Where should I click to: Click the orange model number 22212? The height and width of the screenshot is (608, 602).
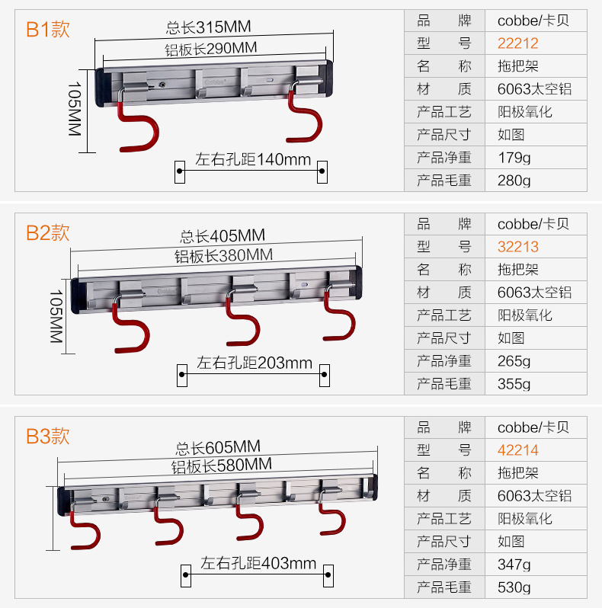[517, 43]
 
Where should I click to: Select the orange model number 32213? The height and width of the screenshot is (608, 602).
[517, 247]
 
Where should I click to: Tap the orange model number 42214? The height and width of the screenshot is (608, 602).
[517, 450]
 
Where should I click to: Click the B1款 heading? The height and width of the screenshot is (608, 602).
[48, 30]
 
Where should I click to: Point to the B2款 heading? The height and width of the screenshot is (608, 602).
[48, 232]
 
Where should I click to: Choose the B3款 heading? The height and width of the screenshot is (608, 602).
[48, 436]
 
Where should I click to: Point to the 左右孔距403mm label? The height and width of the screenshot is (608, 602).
[258, 564]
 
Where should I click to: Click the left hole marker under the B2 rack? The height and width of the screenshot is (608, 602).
[183, 374]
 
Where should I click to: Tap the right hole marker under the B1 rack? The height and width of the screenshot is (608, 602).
[322, 171]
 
